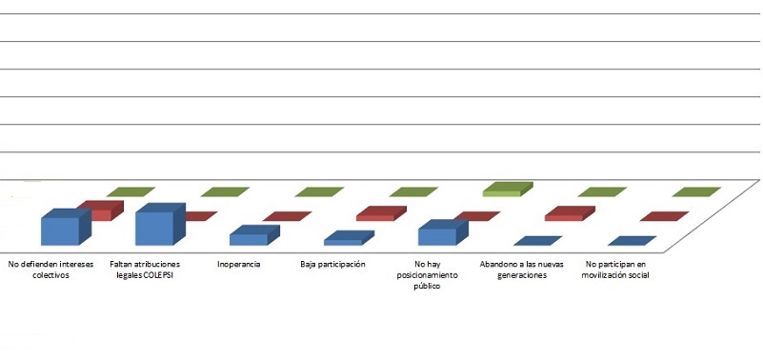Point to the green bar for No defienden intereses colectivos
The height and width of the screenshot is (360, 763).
click(131, 191)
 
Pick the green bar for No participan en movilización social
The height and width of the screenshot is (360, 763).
click(696, 191)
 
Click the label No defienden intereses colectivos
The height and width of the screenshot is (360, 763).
click(50, 270)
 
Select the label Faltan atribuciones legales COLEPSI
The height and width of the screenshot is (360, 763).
click(146, 270)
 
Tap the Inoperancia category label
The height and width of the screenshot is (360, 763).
click(239, 264)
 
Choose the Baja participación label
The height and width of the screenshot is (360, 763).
click(333, 264)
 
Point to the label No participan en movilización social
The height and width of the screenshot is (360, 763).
click(615, 270)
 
